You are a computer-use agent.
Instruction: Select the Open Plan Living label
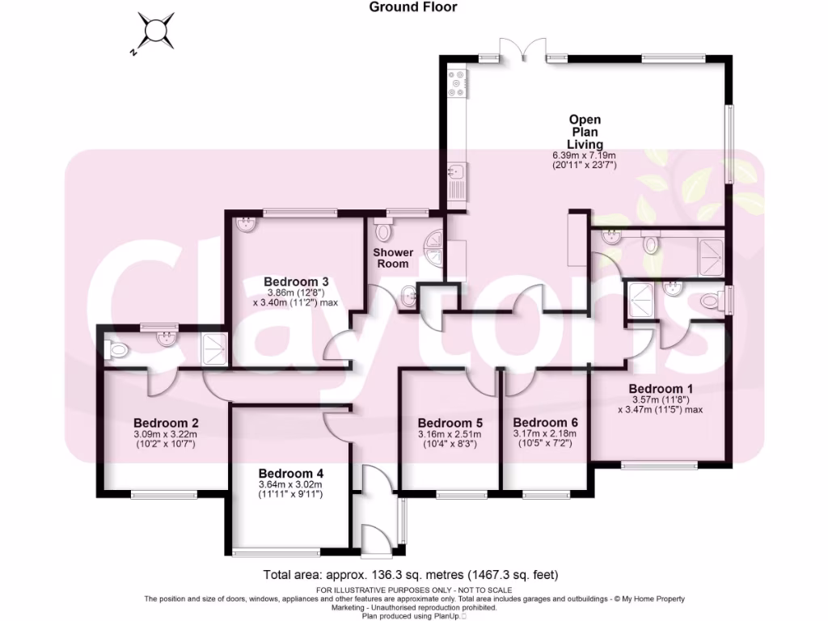pyautogui.click(x=584, y=132)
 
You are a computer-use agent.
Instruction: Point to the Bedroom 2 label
pyautogui.click(x=166, y=423)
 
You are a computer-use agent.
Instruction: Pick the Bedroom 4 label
pyautogui.click(x=291, y=474)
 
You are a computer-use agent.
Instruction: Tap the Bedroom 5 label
pyautogui.click(x=450, y=423)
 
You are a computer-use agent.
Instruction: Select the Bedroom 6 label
pyautogui.click(x=545, y=423)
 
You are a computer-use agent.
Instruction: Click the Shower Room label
pyautogui.click(x=392, y=258)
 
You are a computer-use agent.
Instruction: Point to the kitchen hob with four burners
pyautogui.click(x=455, y=82)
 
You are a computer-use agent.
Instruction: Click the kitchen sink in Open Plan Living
pyautogui.click(x=455, y=171)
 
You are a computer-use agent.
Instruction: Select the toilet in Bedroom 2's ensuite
pyautogui.click(x=116, y=349)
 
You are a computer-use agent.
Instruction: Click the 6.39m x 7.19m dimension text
pyautogui.click(x=584, y=156)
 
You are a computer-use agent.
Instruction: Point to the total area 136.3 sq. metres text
pyautogui.click(x=411, y=576)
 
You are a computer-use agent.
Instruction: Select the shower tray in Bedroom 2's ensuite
pyautogui.click(x=214, y=349)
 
